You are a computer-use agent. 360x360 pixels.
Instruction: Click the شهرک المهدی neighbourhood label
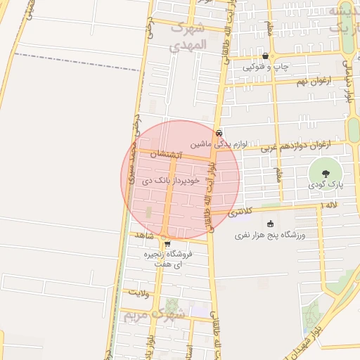pos(188,36)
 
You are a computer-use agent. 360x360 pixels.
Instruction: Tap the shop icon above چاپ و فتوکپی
pos(264,56)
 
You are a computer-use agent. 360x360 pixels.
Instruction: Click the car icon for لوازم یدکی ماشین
pos(219,133)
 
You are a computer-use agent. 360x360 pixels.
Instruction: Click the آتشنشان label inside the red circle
pos(171,154)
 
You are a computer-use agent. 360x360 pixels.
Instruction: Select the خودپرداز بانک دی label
pos(172,181)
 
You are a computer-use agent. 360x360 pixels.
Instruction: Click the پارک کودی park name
pos(325,184)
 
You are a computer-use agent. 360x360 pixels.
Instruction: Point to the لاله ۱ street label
pos(329,204)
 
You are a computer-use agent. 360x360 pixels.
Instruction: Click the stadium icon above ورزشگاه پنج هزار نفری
pos(271,224)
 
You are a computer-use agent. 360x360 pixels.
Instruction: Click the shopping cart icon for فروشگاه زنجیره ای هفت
pos(167,244)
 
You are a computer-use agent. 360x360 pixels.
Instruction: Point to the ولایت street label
pos(139,290)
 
